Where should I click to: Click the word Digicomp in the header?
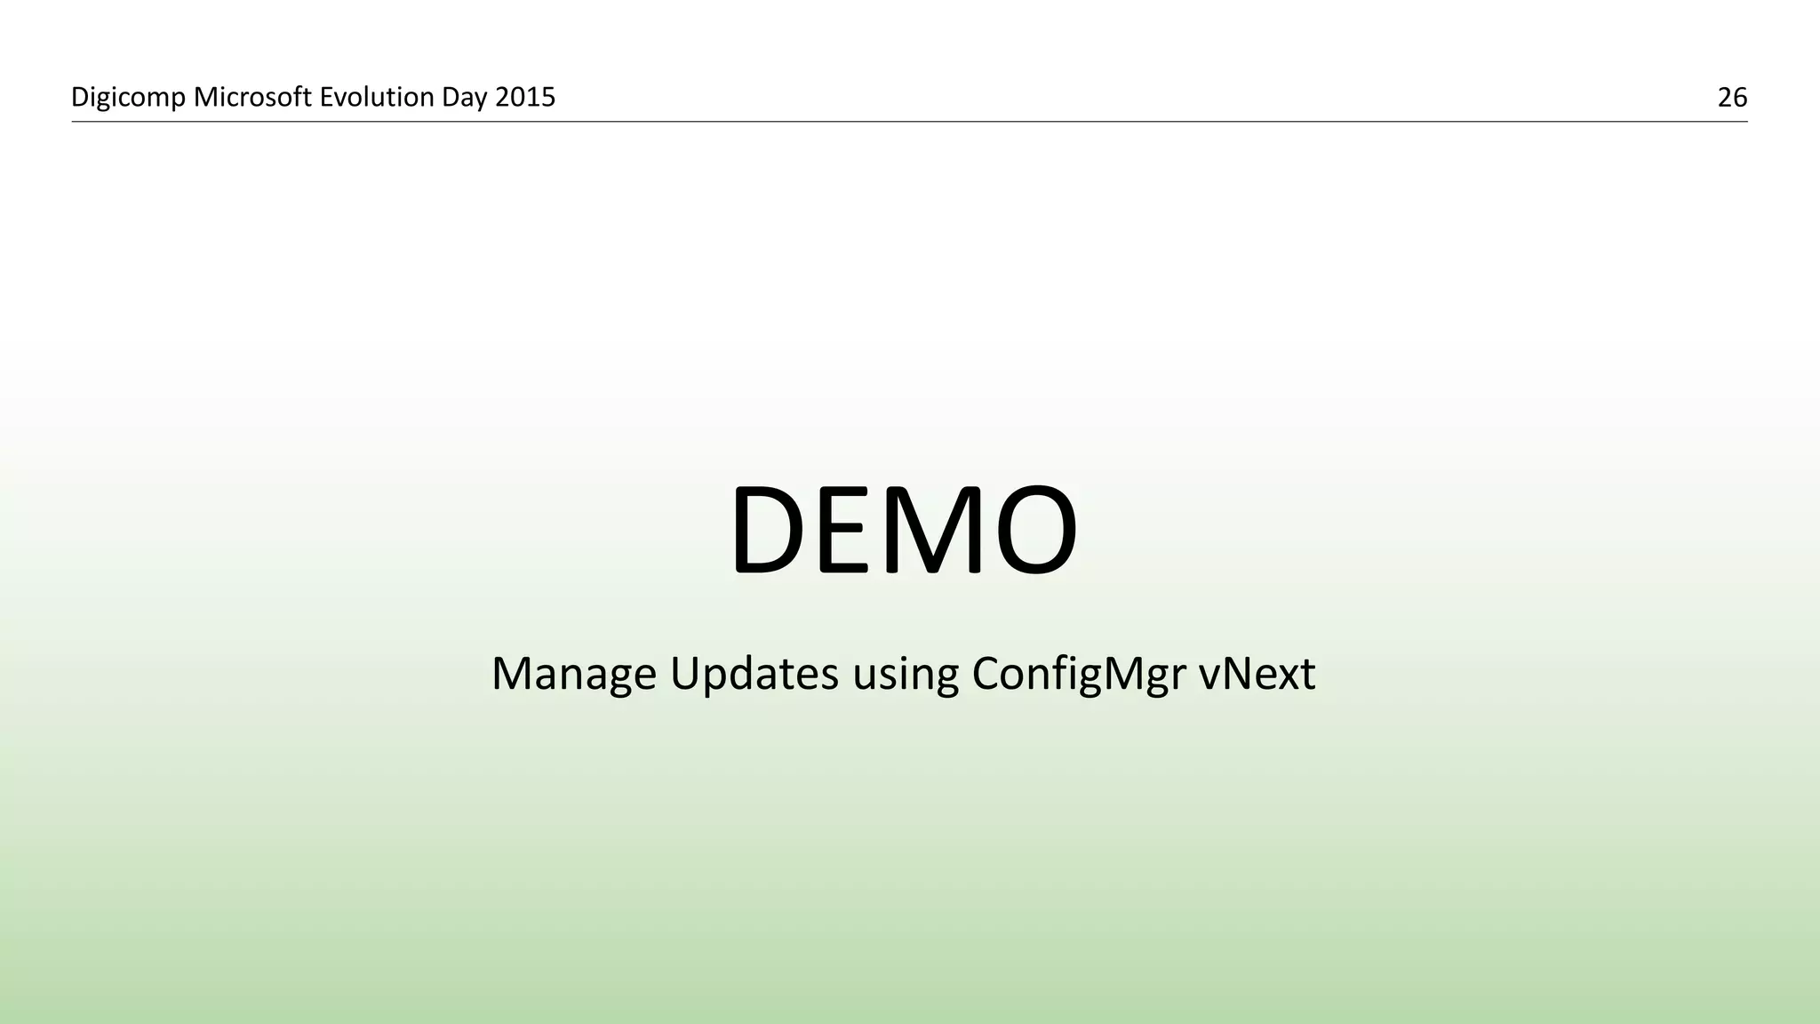(129, 97)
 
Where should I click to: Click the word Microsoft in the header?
(252, 97)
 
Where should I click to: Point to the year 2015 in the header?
(525, 97)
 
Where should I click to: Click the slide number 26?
(1732, 97)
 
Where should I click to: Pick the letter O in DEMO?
(1034, 530)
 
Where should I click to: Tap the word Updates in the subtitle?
(754, 674)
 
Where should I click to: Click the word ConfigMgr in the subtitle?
(1079, 674)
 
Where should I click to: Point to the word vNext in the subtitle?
(1257, 674)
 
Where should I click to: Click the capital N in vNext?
(1235, 673)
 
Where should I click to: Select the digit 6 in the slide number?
(1740, 97)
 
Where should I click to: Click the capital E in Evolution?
(325, 97)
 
